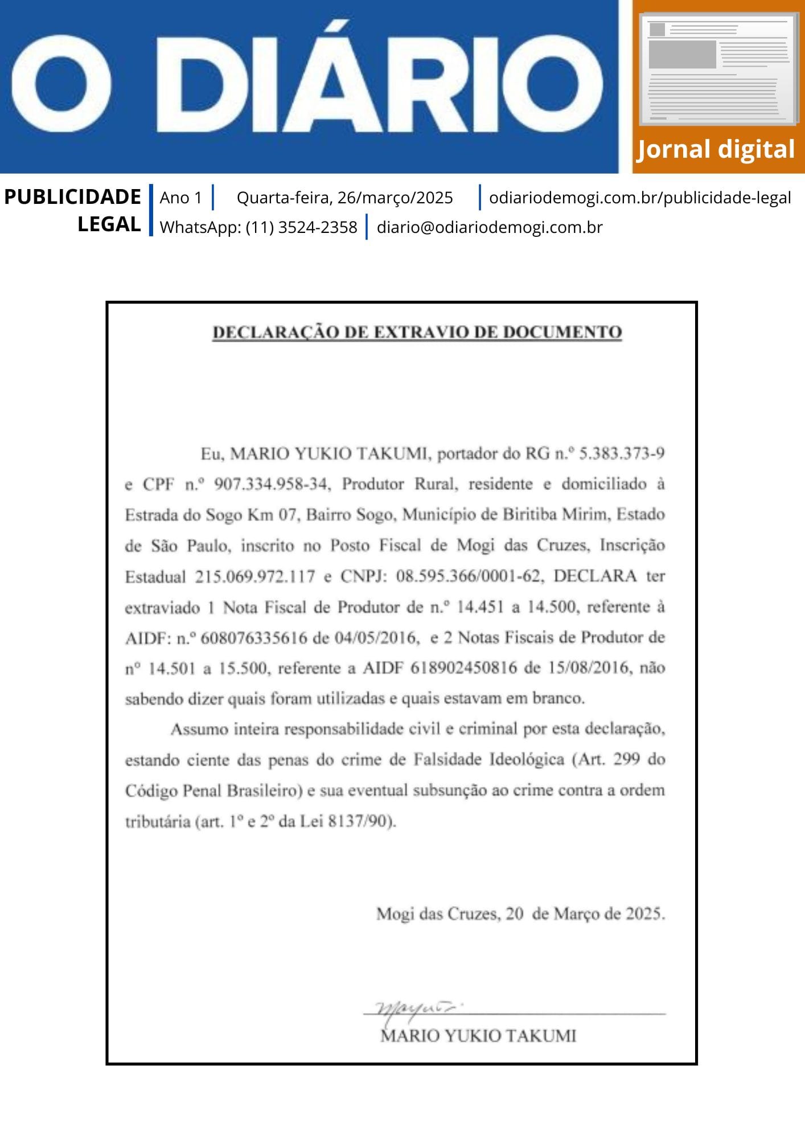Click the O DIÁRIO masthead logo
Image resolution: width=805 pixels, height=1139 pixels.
[x=307, y=85]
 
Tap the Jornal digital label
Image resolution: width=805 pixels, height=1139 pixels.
[x=716, y=150]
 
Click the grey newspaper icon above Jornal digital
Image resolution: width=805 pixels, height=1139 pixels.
[x=718, y=69]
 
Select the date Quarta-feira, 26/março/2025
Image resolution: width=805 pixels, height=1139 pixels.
[x=344, y=198]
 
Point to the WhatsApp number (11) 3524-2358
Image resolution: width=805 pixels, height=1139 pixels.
[x=301, y=227]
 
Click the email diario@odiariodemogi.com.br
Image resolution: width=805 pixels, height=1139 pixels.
[x=490, y=227]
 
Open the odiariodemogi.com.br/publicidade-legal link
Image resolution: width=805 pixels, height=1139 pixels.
[x=640, y=198]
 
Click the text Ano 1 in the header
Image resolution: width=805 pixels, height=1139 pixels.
[x=180, y=198]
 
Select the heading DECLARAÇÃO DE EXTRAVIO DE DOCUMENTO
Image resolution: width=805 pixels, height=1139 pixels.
[x=417, y=332]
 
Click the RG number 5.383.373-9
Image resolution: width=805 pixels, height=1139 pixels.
[x=622, y=454]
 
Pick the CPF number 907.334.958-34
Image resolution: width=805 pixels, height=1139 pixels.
[x=271, y=485]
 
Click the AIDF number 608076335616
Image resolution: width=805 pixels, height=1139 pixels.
[x=254, y=638]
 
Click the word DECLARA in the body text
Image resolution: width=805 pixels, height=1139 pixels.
[x=595, y=576]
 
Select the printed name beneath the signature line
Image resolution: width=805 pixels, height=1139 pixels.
[x=478, y=1036]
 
